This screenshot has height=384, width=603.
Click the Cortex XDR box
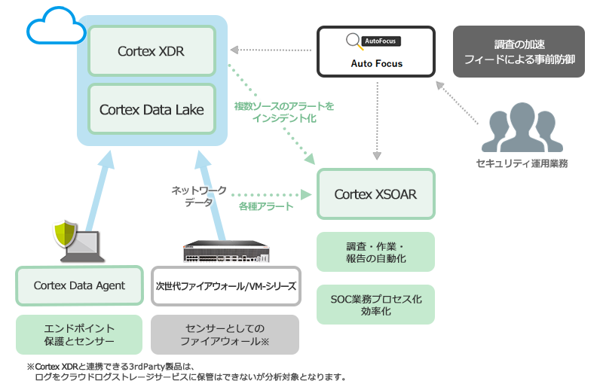(152, 51)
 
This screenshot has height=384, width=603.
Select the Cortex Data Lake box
(152, 109)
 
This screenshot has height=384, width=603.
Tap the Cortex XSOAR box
(375, 194)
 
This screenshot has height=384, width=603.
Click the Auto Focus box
(376, 52)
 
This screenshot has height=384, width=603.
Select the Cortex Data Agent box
(79, 285)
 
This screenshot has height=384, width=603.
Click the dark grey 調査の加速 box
(519, 52)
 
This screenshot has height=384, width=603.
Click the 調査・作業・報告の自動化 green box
(375, 251)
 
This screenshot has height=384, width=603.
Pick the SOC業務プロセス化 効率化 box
(375, 305)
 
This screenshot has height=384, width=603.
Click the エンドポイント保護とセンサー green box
(79, 334)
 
